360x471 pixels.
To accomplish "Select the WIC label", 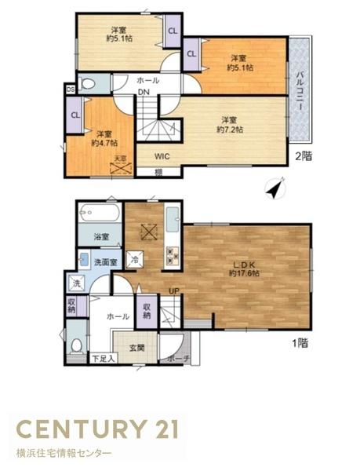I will pyautogui.click(x=162, y=155).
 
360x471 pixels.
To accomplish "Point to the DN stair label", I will pyautogui.click(x=144, y=93).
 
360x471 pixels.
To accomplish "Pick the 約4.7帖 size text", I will pyautogui.click(x=104, y=143).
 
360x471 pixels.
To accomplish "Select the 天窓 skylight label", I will pyautogui.click(x=119, y=159).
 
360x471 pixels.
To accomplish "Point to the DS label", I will pyautogui.click(x=71, y=89).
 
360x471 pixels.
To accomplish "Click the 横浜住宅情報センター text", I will pyautogui.click(x=64, y=454).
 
